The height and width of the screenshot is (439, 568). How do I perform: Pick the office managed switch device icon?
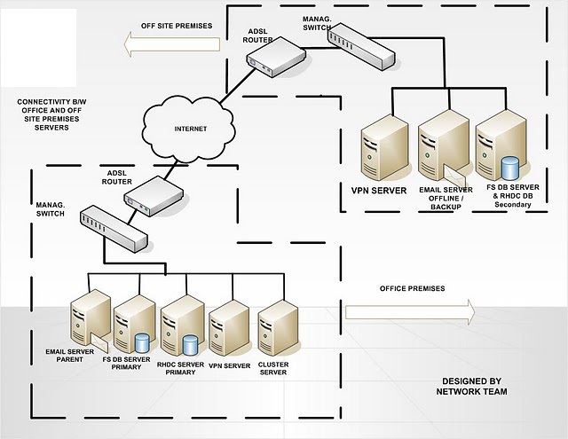[113, 227]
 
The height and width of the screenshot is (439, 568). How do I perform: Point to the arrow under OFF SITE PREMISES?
[170, 49]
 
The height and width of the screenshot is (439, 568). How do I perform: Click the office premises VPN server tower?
[230, 324]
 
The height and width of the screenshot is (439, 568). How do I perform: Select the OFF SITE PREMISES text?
[177, 25]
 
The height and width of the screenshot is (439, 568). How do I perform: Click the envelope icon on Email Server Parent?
[97, 341]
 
